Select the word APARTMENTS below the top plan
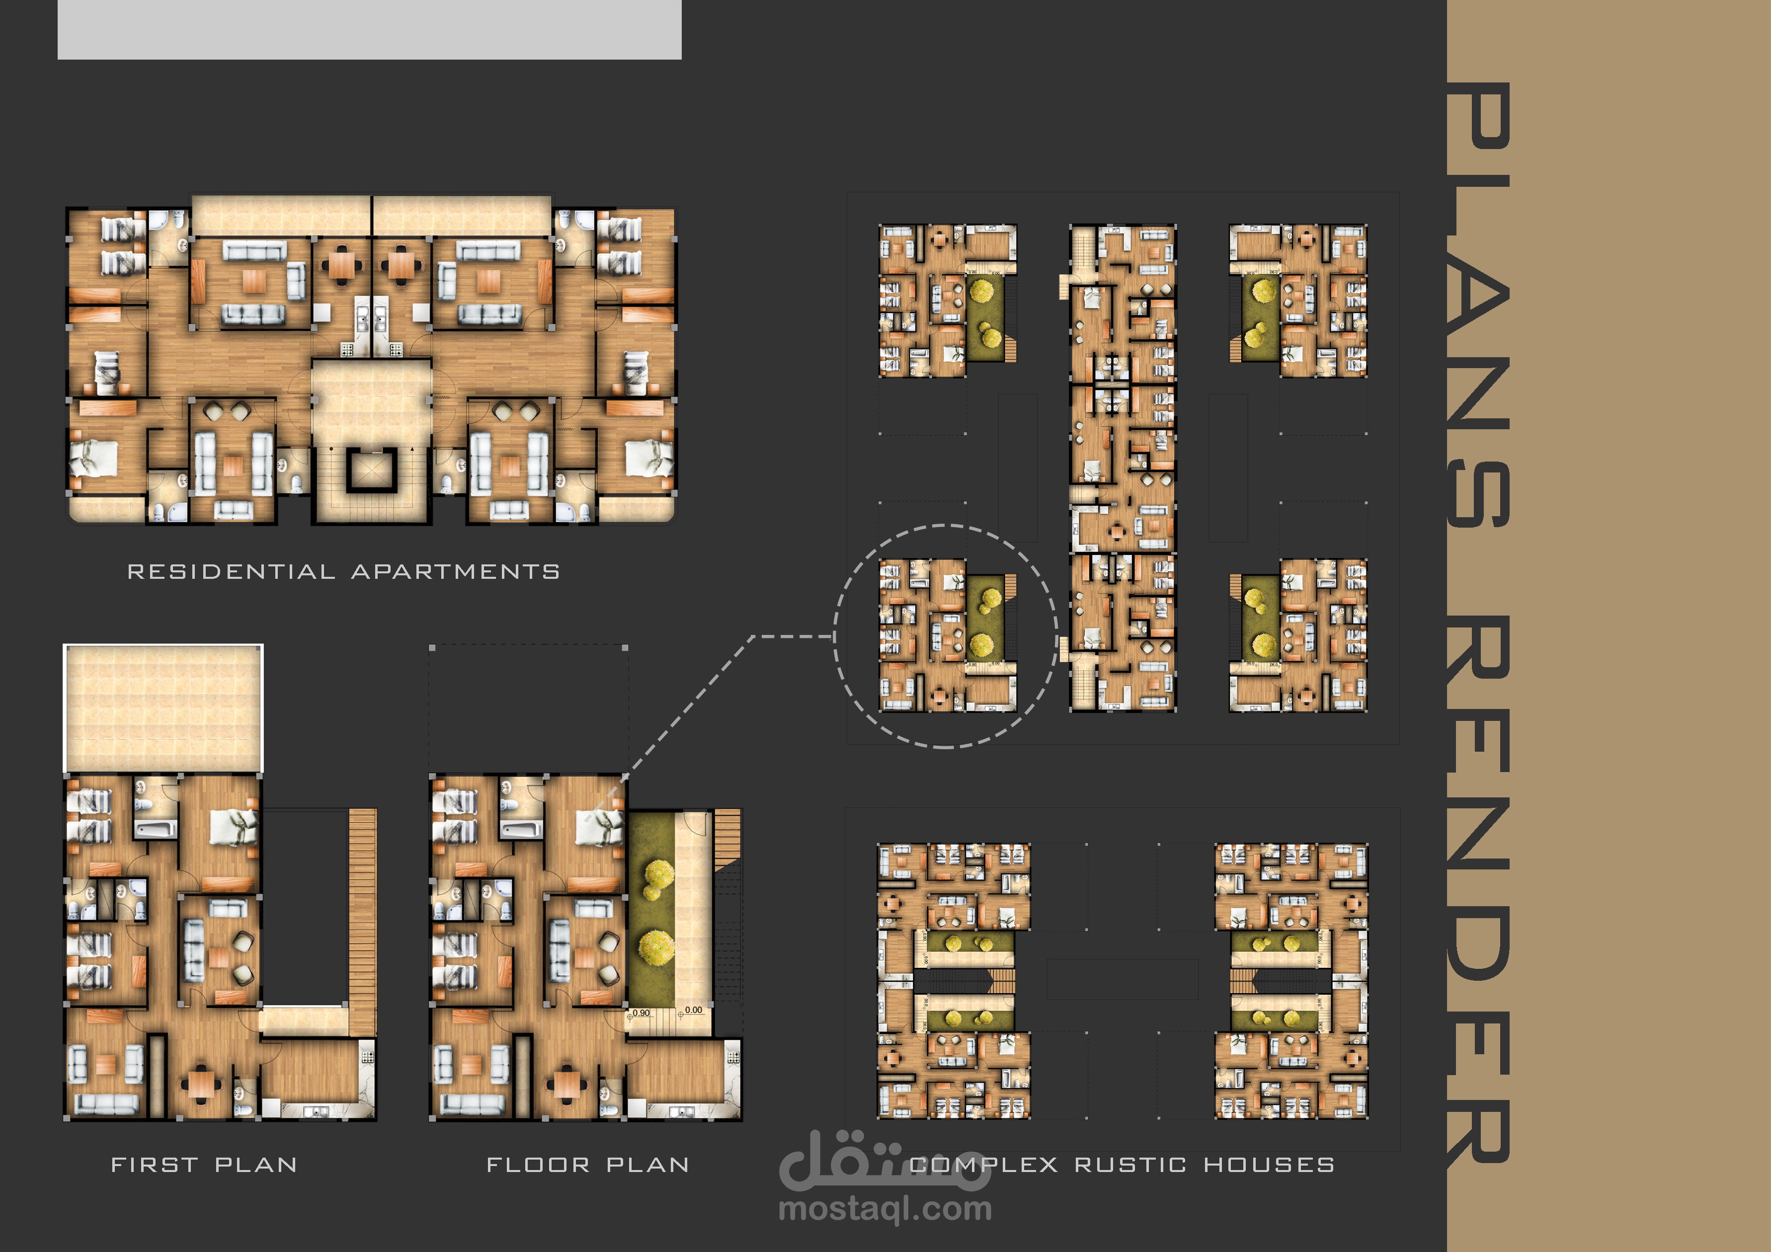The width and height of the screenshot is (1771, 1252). click(x=456, y=572)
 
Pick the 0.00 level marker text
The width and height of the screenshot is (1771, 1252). click(x=693, y=1010)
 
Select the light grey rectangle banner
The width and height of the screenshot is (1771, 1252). click(x=370, y=29)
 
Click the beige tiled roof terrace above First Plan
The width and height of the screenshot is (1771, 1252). click(x=163, y=708)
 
